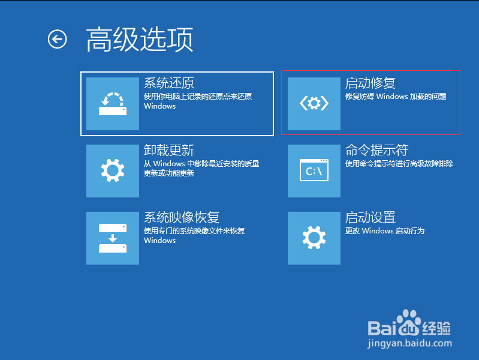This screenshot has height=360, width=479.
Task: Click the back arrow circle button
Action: [x=57, y=39]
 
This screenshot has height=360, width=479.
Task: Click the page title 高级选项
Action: [x=140, y=40]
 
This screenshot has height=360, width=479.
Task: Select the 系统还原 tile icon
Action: [x=113, y=104]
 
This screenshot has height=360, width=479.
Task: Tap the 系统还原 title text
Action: [x=169, y=83]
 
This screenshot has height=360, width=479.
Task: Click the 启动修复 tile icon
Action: [x=314, y=104]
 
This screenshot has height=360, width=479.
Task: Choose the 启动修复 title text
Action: [x=370, y=83]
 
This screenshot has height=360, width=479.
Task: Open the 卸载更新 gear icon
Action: [x=113, y=170]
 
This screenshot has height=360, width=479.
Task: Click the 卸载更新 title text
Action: [x=169, y=150]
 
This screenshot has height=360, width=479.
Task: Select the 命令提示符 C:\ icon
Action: [x=314, y=170]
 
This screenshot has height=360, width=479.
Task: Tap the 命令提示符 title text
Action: [x=376, y=150]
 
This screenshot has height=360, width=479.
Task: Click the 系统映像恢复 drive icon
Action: [x=113, y=238]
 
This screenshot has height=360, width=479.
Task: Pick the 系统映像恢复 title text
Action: [x=182, y=217]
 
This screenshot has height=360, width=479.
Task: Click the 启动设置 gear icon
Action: [x=314, y=238]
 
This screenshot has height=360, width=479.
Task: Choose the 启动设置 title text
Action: [x=370, y=217]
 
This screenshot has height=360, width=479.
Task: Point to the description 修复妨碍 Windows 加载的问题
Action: [x=396, y=97]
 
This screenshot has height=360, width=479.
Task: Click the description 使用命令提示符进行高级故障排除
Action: [x=399, y=164]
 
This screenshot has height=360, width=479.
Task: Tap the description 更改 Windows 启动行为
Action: [x=385, y=231]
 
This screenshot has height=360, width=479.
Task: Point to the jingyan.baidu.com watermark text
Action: [x=409, y=343]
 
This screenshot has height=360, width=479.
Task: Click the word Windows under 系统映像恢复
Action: [x=160, y=241]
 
